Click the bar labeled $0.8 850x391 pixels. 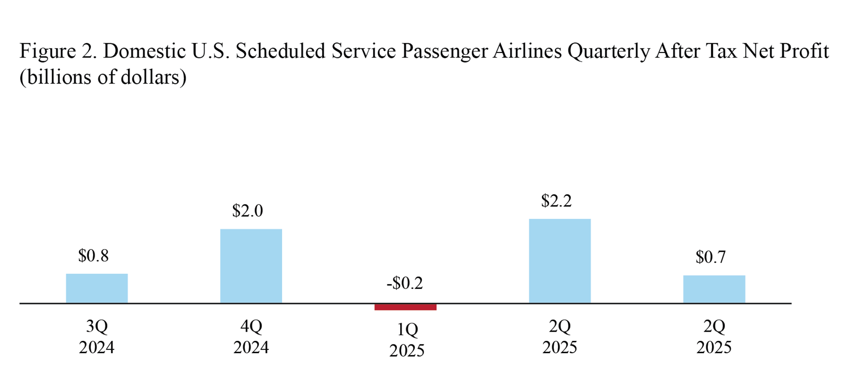[x=97, y=288]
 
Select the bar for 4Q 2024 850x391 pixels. [x=251, y=266]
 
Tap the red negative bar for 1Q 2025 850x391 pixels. [x=405, y=307]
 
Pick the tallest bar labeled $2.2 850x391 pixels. [x=560, y=261]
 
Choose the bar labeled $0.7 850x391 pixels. [x=714, y=289]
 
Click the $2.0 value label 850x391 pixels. [x=247, y=211]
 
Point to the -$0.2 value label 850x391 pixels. [x=405, y=283]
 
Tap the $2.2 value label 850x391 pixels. [x=556, y=201]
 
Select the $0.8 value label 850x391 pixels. [x=93, y=256]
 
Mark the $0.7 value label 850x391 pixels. [x=711, y=257]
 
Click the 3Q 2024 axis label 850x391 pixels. [x=97, y=337]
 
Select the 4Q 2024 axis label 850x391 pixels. [x=251, y=337]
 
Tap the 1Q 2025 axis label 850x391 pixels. [x=407, y=340]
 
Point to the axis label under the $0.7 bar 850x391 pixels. [x=714, y=337]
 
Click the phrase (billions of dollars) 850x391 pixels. [x=103, y=77]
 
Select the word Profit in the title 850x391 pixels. [x=804, y=51]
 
